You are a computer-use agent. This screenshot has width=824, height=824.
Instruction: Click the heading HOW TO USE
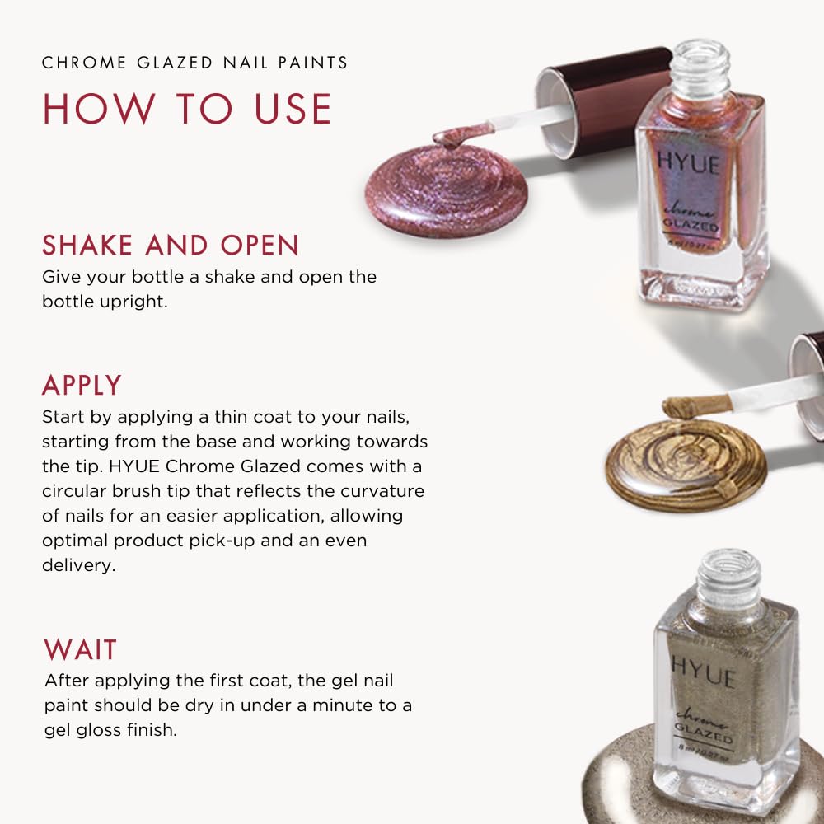187,109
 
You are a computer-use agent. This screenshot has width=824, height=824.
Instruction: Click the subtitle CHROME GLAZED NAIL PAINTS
194,63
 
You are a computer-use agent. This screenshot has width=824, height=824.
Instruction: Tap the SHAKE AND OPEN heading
171,245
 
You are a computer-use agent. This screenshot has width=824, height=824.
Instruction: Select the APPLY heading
82,385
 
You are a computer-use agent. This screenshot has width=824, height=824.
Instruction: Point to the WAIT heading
80,649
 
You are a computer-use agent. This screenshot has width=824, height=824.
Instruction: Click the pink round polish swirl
445,191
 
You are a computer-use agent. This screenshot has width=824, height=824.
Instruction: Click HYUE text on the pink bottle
688,163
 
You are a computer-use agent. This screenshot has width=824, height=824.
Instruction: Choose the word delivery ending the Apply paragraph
75,565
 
